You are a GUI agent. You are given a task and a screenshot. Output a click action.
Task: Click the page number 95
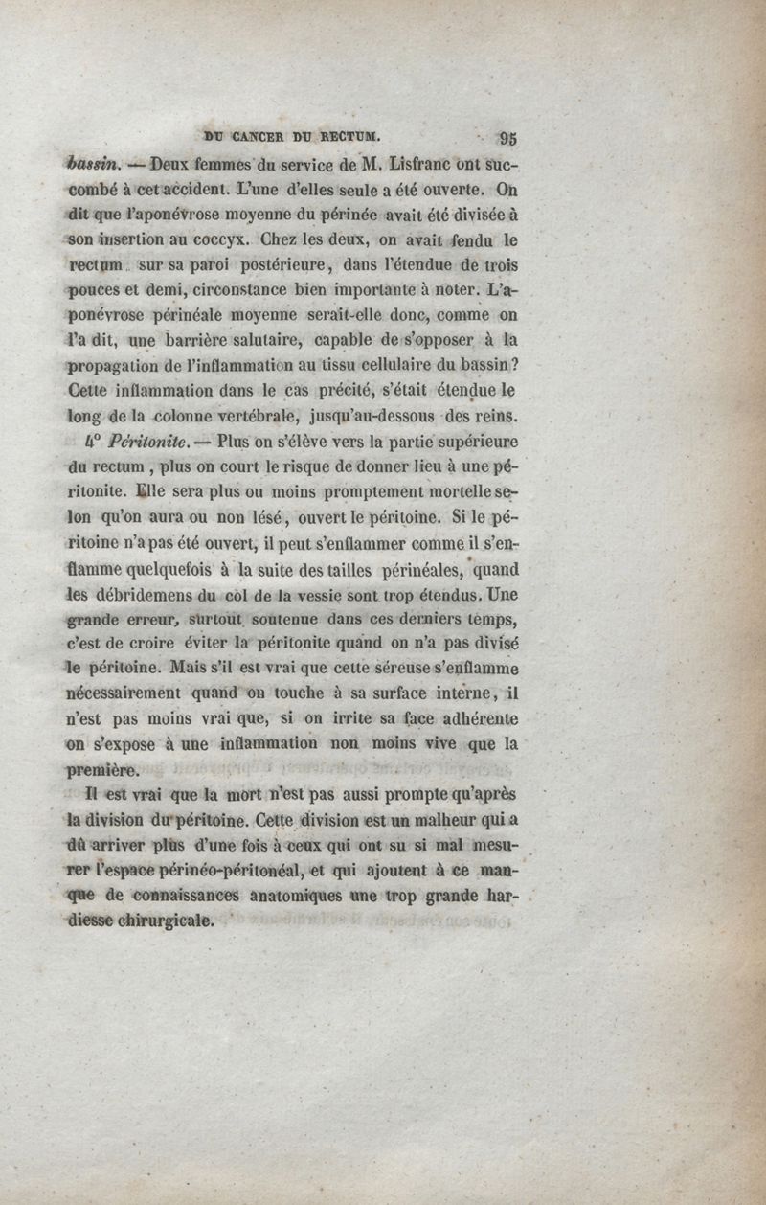point(507,136)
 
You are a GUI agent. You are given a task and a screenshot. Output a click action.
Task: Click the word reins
point(498,417)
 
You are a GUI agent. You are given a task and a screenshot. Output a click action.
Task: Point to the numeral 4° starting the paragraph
point(94,443)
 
